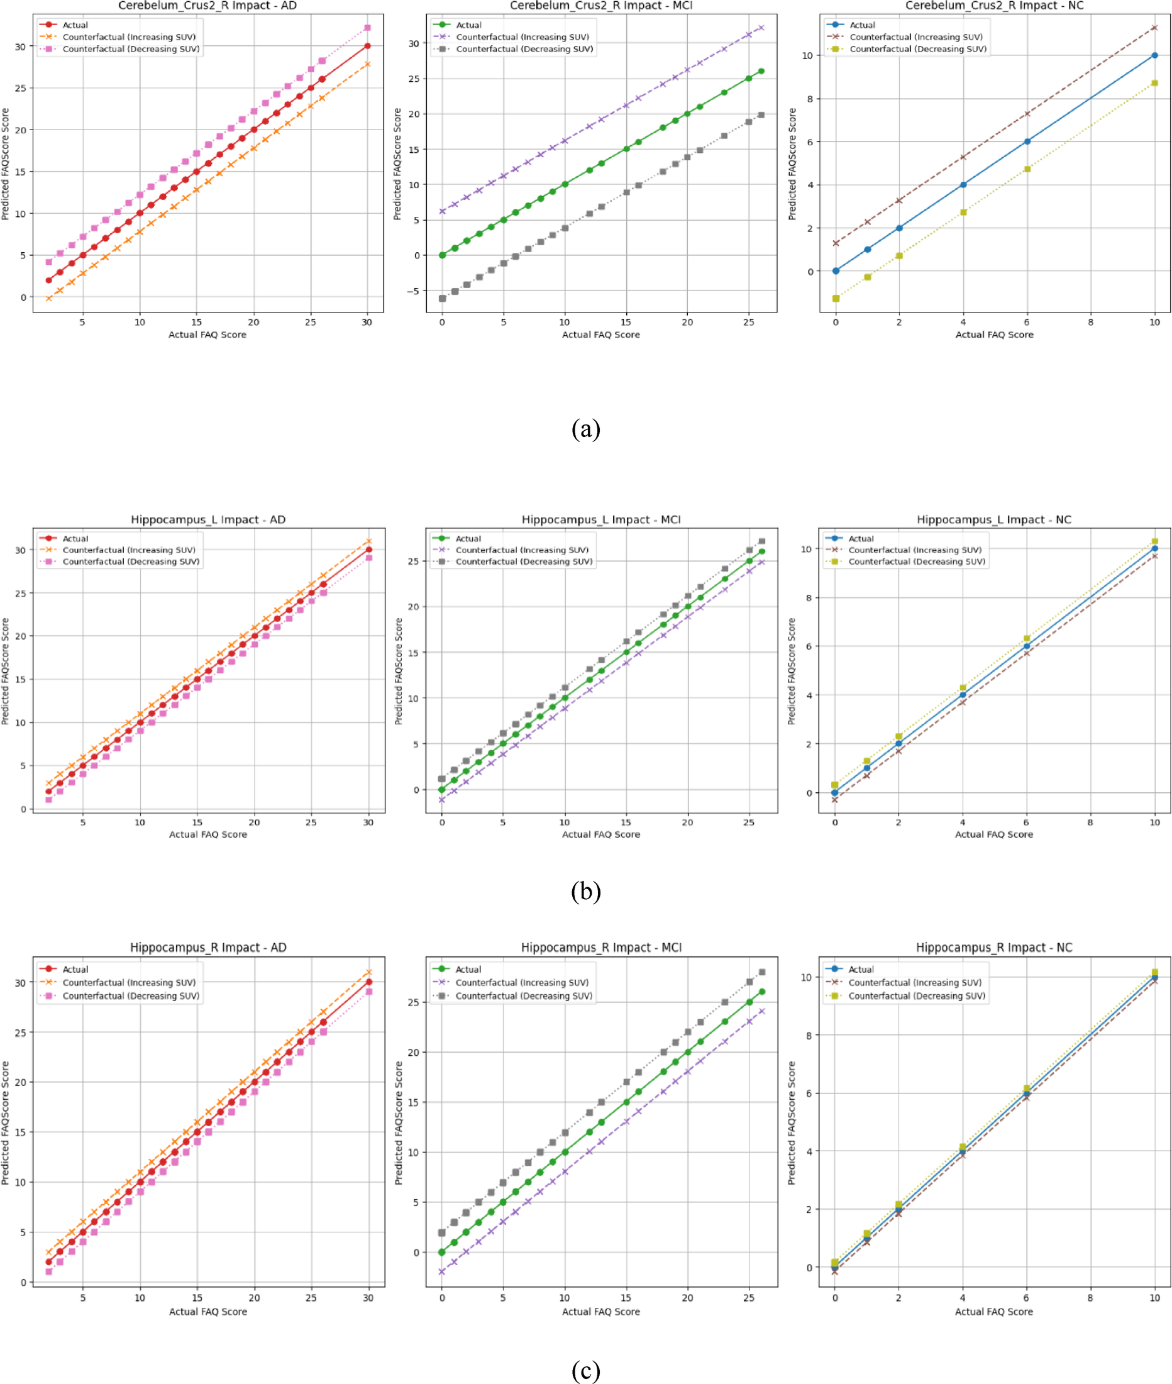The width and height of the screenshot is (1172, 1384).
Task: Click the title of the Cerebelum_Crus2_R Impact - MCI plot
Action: point(600,6)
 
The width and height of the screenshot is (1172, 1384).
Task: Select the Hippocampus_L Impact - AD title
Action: point(208,519)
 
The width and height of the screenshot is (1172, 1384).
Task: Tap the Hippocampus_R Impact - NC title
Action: point(994,948)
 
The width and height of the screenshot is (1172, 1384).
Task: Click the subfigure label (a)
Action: point(585,429)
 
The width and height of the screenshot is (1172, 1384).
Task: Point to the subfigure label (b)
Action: point(585,891)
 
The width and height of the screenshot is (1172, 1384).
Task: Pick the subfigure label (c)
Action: point(585,1370)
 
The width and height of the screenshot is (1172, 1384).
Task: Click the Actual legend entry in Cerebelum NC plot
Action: point(863,25)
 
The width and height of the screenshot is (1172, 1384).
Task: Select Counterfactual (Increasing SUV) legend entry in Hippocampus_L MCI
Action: point(522,550)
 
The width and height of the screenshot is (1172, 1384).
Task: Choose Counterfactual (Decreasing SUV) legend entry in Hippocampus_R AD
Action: point(131,996)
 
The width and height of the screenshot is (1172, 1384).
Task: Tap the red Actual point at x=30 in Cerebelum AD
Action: point(367,46)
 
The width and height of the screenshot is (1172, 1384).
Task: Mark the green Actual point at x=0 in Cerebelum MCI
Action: point(443,255)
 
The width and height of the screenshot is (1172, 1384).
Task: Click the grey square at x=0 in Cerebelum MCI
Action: point(443,298)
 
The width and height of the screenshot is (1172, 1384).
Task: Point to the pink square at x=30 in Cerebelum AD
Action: point(367,28)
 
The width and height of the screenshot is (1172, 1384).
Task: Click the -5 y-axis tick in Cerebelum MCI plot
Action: point(414,291)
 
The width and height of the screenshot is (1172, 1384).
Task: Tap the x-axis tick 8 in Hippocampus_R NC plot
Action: point(1090,1298)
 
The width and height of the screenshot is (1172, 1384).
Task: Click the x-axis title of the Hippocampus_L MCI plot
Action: point(600,834)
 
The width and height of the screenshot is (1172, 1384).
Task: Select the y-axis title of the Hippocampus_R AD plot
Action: point(5,1123)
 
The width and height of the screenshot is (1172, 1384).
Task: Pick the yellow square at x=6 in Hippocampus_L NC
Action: point(1027,638)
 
